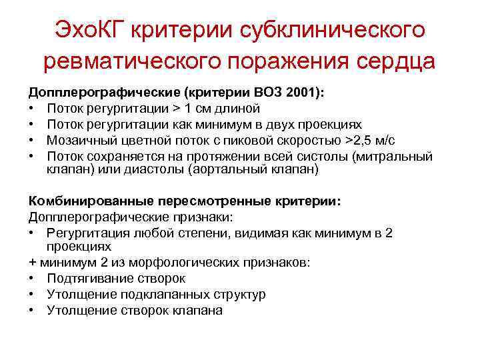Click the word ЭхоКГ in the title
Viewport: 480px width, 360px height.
click(x=91, y=29)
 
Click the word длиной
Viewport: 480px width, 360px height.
click(x=239, y=109)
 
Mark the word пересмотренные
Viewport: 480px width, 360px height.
click(x=211, y=201)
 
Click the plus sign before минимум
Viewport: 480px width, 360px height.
click(x=32, y=263)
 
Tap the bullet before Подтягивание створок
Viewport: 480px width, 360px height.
click(x=32, y=279)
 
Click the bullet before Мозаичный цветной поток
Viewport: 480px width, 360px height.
click(x=32, y=140)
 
